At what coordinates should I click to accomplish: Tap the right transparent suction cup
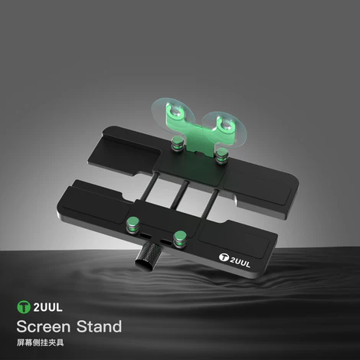[224, 128]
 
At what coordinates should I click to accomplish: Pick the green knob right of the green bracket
[220, 156]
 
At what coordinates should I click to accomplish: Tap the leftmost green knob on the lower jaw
[133, 224]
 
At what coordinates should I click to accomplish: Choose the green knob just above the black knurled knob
[180, 239]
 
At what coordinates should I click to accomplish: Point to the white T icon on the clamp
[224, 257]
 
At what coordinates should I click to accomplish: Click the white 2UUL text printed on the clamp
[240, 262]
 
